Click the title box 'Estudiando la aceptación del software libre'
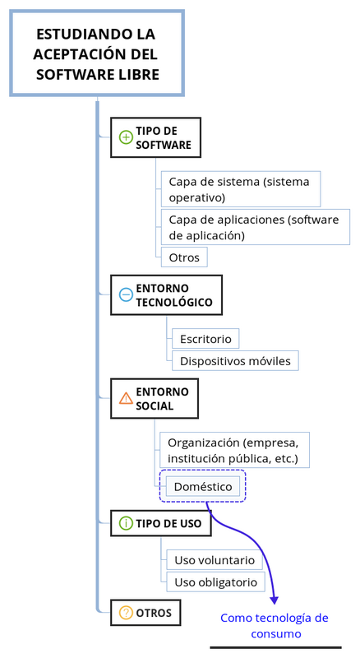[97, 53]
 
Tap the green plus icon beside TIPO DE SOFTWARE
[126, 137]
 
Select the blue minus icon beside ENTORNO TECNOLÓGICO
[126, 295]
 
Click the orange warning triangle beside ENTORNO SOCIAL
[126, 398]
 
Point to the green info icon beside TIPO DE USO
[126, 523]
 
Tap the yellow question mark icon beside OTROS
[126, 613]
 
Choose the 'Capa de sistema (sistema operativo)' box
[241, 189]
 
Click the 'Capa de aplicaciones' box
[256, 227]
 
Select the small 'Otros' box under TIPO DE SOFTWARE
[184, 257]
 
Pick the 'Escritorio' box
[205, 339]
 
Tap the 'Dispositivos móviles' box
[235, 361]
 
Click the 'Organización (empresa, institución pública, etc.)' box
[234, 450]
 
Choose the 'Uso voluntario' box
[215, 560]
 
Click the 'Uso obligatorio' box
[215, 582]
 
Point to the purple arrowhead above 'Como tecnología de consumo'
[274, 600]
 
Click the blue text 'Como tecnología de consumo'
[275, 626]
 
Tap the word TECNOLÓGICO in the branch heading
[174, 302]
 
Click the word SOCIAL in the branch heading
[155, 405]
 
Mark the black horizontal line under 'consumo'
[275, 647]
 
